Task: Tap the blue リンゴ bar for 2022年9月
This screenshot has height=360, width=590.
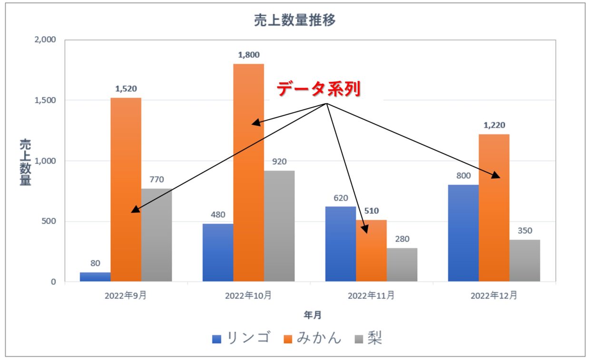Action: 95,277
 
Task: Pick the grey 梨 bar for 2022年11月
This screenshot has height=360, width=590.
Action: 402,264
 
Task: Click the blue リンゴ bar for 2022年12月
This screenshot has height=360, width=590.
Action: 463,233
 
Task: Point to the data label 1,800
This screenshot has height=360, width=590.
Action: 248,55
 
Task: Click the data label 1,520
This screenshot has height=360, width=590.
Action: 126,89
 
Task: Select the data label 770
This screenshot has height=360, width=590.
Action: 157,180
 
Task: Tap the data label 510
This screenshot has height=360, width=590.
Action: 371,211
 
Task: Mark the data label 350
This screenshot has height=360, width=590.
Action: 525,230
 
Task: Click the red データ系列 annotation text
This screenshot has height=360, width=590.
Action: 319,89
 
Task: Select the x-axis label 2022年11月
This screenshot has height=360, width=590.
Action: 371,296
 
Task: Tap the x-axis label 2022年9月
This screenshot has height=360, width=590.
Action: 126,296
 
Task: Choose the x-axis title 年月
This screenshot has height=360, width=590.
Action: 313,315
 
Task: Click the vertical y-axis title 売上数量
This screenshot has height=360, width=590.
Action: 25,162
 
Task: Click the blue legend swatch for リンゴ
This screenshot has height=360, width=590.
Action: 217,339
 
